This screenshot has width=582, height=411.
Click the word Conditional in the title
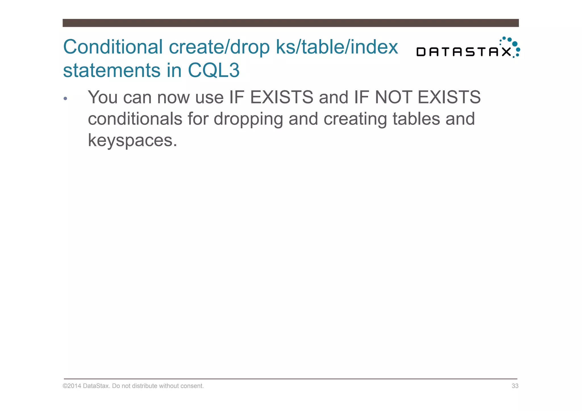(113, 47)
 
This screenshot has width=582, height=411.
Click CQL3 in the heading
(214, 70)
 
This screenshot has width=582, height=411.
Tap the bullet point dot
(65, 99)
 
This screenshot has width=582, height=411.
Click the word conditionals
(135, 119)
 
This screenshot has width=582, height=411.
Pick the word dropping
(248, 119)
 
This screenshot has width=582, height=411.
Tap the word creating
(355, 119)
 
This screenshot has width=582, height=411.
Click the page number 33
(515, 386)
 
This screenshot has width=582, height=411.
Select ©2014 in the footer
(72, 386)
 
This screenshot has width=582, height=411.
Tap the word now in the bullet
(173, 97)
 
